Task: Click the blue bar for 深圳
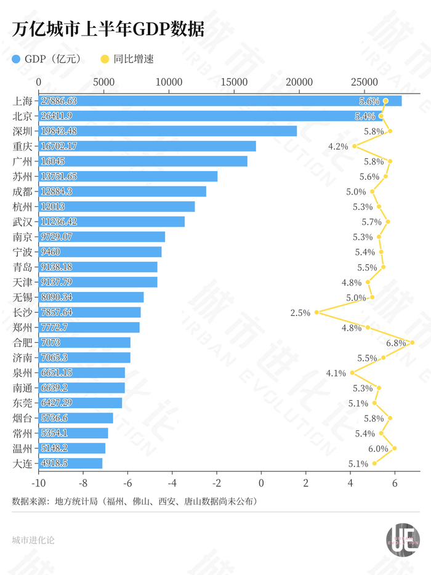tap(167, 131)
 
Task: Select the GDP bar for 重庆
tap(147, 146)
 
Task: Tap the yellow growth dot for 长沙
tap(316, 312)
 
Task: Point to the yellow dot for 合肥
tap(413, 342)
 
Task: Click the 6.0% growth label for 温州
tap(378, 448)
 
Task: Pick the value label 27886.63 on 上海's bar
tap(59, 101)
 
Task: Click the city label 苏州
tap(22, 177)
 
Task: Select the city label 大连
tap(22, 464)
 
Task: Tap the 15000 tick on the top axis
tap(234, 82)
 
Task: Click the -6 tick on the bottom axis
tap(127, 483)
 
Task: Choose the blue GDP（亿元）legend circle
tap(16, 59)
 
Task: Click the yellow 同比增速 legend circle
tap(105, 59)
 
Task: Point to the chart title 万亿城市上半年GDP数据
tap(108, 29)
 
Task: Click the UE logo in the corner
tap(403, 540)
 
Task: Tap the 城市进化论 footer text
tap(33, 540)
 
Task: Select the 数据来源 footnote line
tap(135, 501)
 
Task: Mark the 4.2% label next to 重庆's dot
tap(338, 147)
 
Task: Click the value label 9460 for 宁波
tap(50, 252)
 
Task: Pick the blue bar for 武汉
tap(111, 222)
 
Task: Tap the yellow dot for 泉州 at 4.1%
tap(352, 372)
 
